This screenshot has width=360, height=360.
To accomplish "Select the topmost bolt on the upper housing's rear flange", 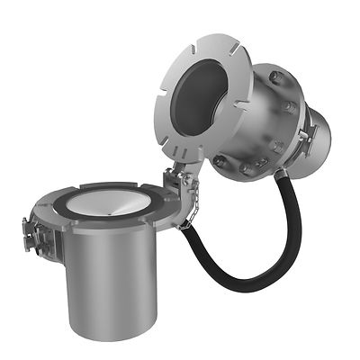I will coord(274,77).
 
